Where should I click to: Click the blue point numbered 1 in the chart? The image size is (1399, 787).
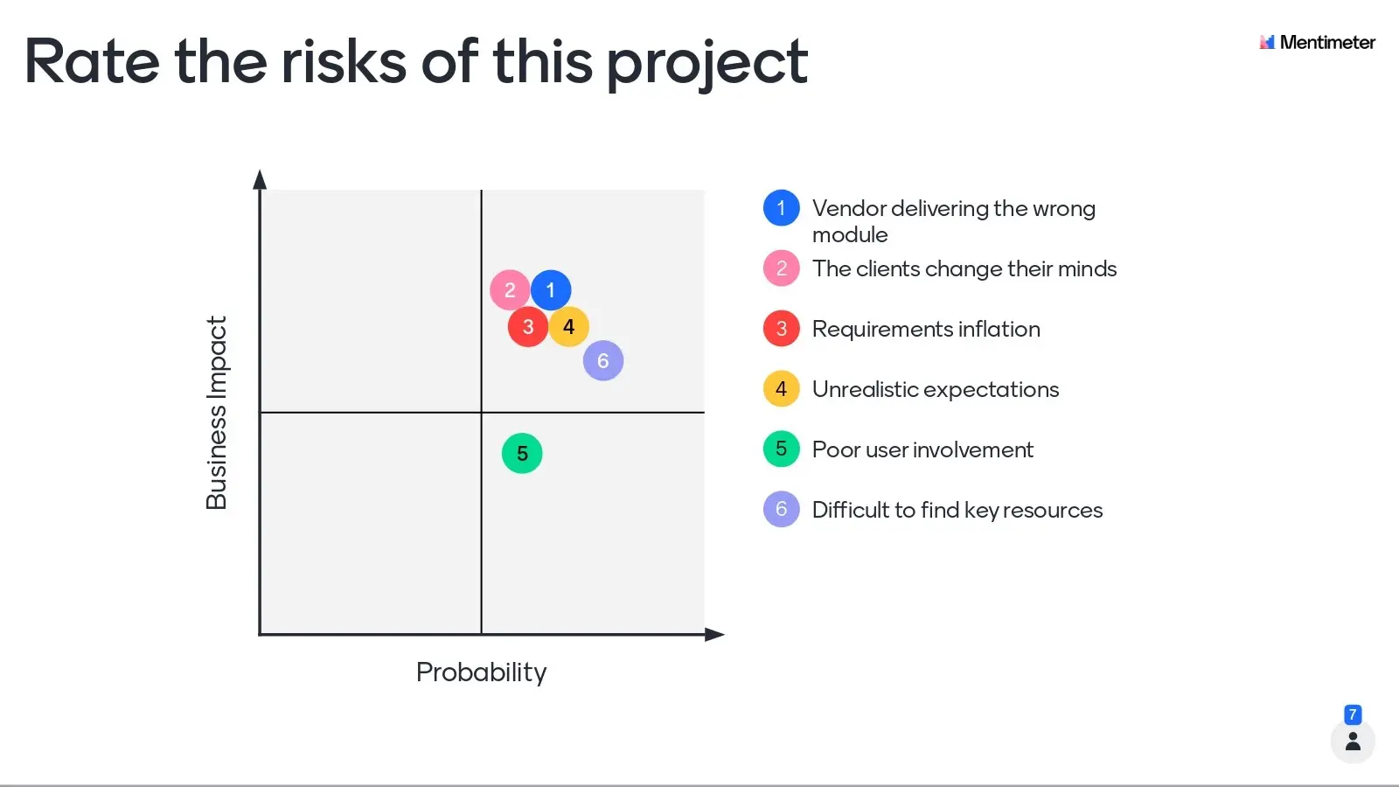coord(550,290)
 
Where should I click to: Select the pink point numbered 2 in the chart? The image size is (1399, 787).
coord(510,290)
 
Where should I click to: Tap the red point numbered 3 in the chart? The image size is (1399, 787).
coord(528,327)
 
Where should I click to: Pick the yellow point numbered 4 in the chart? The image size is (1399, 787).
coord(568,327)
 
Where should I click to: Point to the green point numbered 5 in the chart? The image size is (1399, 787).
coord(522,454)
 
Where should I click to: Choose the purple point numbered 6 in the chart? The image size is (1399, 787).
coord(603,360)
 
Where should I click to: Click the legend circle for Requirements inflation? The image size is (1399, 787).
coord(782,329)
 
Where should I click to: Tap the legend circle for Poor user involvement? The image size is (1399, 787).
coord(782,449)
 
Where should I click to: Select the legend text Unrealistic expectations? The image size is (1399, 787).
coord(936,389)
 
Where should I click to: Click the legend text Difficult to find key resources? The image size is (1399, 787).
coord(957,511)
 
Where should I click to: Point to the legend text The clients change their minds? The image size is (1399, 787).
coord(964,269)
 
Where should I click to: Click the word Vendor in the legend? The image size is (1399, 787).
coord(849,209)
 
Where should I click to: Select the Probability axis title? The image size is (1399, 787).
coord(482,673)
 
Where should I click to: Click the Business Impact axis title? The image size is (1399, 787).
coord(217,413)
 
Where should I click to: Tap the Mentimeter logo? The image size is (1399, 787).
coord(1317,43)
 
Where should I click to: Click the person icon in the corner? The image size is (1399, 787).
coord(1353,742)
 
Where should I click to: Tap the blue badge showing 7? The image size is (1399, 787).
coord(1353,714)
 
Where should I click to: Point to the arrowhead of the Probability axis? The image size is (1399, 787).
coord(714,635)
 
